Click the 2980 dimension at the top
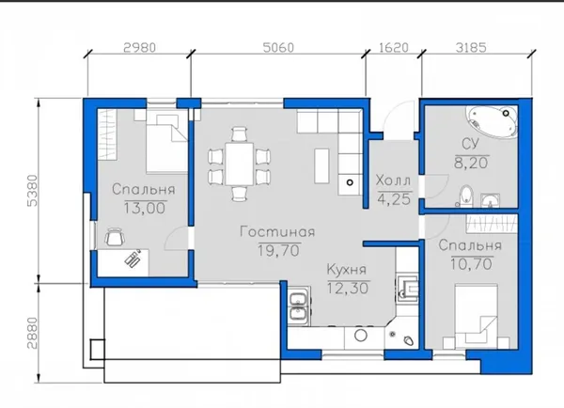139,48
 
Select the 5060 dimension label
278,48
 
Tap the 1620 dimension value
394,48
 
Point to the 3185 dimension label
471,48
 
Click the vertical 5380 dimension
32,190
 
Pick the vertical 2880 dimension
32,333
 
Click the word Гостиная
277,231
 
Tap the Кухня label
347,269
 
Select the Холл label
393,180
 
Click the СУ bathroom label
471,144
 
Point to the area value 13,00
145,208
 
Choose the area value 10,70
471,264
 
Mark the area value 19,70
279,250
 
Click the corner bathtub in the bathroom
492,121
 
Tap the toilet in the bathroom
466,196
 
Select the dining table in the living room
239,164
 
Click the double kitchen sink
299,306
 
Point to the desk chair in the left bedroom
115,237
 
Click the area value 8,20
471,163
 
